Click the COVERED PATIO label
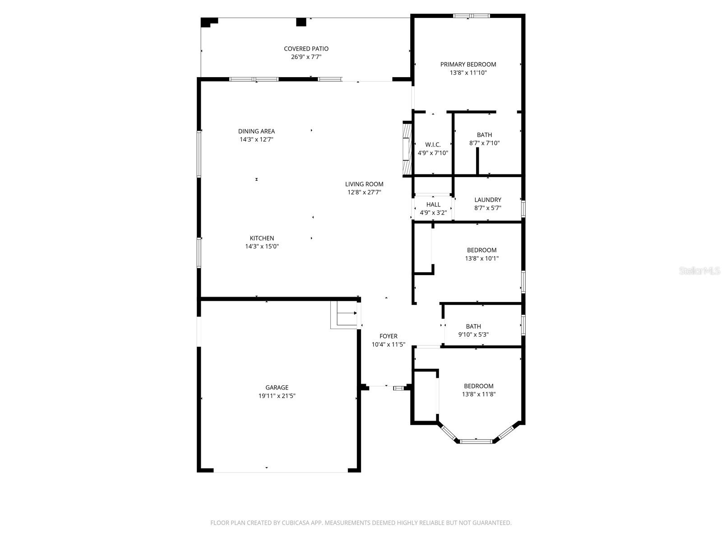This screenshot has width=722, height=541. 306,49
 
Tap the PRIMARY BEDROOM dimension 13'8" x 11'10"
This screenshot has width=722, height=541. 468,73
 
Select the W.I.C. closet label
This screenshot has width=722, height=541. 433,145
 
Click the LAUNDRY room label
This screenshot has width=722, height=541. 487,200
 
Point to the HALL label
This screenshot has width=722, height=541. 433,205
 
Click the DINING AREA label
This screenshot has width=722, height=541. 256,132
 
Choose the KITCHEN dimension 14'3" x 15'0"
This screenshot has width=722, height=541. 262,247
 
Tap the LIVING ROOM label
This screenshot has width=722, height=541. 364,184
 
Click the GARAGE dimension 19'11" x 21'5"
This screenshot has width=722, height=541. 277,396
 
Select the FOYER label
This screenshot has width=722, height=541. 388,336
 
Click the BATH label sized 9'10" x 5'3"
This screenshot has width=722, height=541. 473,326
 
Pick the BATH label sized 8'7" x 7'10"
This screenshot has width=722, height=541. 484,135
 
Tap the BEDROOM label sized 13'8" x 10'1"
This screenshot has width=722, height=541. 481,250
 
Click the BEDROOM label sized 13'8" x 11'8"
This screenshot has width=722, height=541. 478,386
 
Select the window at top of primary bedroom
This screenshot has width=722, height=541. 471,16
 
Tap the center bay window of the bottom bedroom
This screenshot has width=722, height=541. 476,441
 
